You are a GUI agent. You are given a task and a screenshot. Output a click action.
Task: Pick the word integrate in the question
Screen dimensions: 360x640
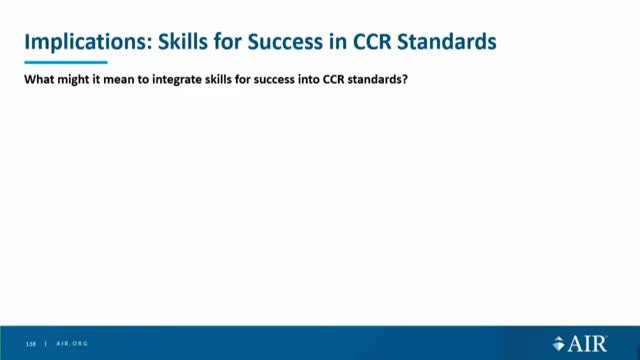185,84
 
